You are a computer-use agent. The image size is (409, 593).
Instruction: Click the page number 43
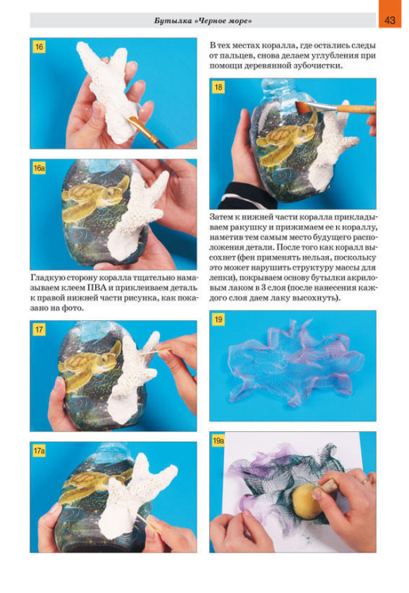pyautogui.click(x=390, y=20)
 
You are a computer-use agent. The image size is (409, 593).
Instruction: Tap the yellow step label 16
pyautogui.click(x=39, y=47)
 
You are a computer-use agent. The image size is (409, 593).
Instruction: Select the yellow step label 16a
pyautogui.click(x=40, y=168)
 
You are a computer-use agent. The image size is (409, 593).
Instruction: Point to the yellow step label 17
pyautogui.click(x=39, y=330)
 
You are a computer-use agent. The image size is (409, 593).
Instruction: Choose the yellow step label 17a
pyautogui.click(x=40, y=451)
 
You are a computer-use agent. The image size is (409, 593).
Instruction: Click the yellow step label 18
pyautogui.click(x=219, y=87)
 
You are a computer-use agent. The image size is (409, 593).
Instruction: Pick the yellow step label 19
pyautogui.click(x=219, y=319)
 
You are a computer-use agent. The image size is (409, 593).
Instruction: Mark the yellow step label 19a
pyautogui.click(x=219, y=441)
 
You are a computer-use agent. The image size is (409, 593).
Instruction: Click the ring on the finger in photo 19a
pyautogui.click(x=365, y=481)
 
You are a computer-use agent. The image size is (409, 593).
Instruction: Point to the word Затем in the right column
pyautogui.click(x=221, y=217)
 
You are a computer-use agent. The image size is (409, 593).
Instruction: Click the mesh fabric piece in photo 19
pyautogui.click(x=295, y=362)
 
